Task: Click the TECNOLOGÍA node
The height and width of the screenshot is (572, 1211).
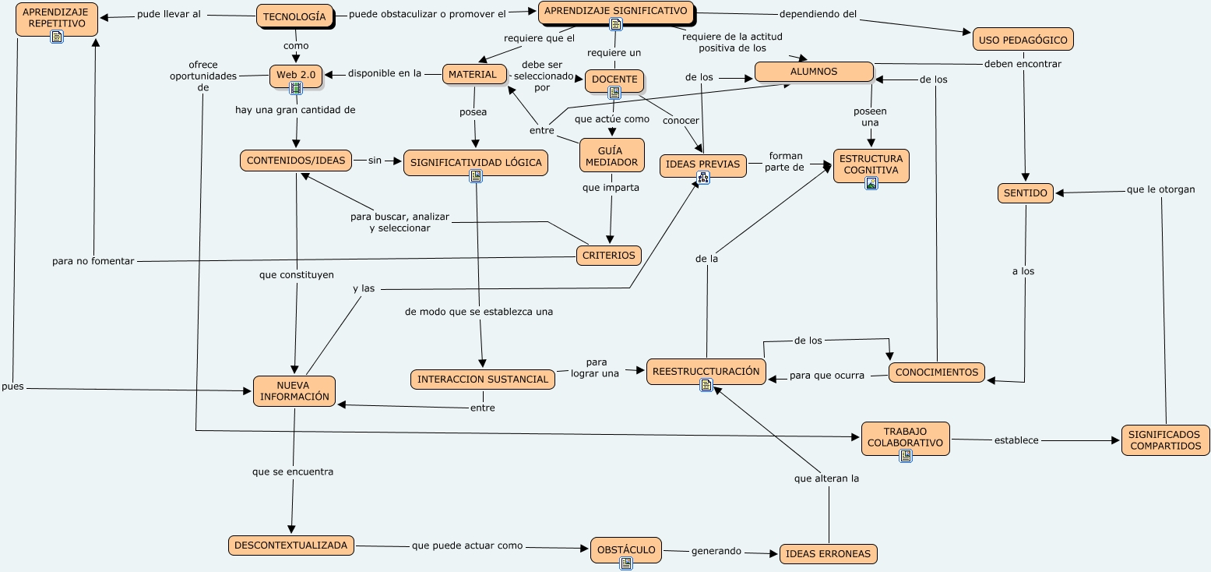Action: pos(294,16)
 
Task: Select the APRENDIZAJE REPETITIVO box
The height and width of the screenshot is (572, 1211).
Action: pos(57,18)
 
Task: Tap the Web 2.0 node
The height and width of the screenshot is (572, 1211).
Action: pos(296,75)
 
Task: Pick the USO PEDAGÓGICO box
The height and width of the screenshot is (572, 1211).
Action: pos(1023,39)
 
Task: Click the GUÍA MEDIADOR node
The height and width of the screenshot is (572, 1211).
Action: pos(612,155)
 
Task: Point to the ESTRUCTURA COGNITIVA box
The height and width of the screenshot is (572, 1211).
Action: pos(871,164)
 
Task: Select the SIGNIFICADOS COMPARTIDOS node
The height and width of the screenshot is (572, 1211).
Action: pos(1165,440)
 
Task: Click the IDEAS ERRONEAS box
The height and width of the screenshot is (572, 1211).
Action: pos(828,554)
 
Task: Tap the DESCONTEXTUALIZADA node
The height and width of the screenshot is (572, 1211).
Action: pos(290,546)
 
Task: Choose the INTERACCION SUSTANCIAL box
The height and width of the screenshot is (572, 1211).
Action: pos(483,380)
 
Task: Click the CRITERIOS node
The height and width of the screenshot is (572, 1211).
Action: pos(609,256)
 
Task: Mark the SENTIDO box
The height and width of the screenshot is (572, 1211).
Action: pos(1025,193)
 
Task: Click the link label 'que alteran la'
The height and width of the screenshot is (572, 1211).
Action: pos(826,478)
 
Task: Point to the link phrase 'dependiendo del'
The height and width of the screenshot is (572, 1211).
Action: pos(818,13)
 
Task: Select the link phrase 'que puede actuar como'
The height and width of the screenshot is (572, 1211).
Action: pos(467,546)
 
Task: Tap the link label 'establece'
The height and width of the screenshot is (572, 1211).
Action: pos(1016,440)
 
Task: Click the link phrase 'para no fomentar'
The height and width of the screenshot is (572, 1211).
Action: pos(93,261)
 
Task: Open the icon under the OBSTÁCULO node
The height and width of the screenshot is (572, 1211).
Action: pos(625,563)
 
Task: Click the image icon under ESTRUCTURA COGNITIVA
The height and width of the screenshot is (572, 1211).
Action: pos(871,183)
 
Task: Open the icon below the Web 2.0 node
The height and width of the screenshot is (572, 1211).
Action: pos(296,89)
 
